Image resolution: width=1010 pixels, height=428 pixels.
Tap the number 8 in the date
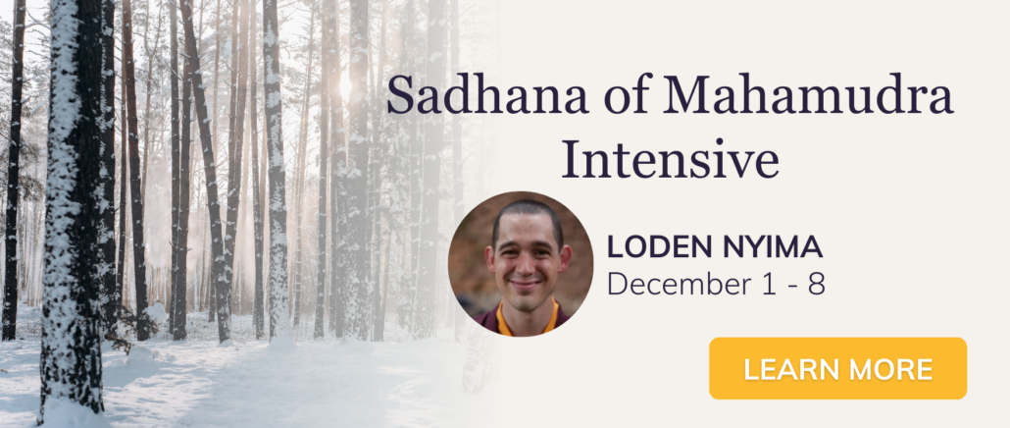click(x=816, y=283)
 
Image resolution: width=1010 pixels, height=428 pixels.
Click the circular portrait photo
click(x=521, y=264)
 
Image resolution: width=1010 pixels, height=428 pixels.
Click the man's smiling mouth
click(x=525, y=283)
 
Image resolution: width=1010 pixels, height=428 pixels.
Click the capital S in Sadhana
click(x=401, y=95)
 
